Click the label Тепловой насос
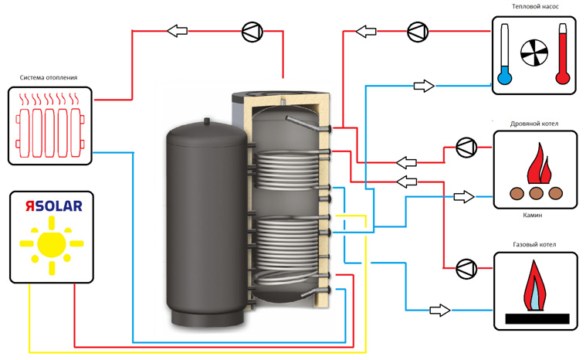point(534,6)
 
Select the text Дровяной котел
point(534,123)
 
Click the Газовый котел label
point(534,245)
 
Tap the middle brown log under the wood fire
point(534,194)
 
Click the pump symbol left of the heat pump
point(418,31)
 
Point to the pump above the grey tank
point(252,32)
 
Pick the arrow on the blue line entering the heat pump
point(423,85)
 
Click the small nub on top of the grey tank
point(206,120)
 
